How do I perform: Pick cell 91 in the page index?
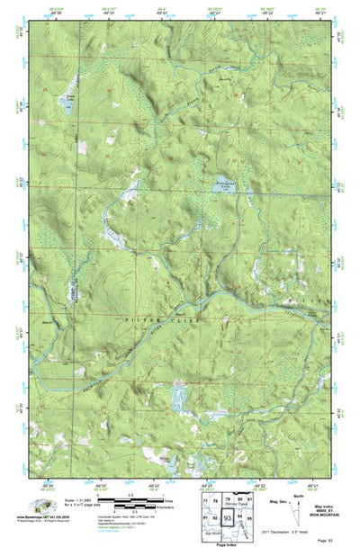205,519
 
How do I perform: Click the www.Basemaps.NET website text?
40,517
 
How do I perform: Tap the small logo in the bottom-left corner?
35,506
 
